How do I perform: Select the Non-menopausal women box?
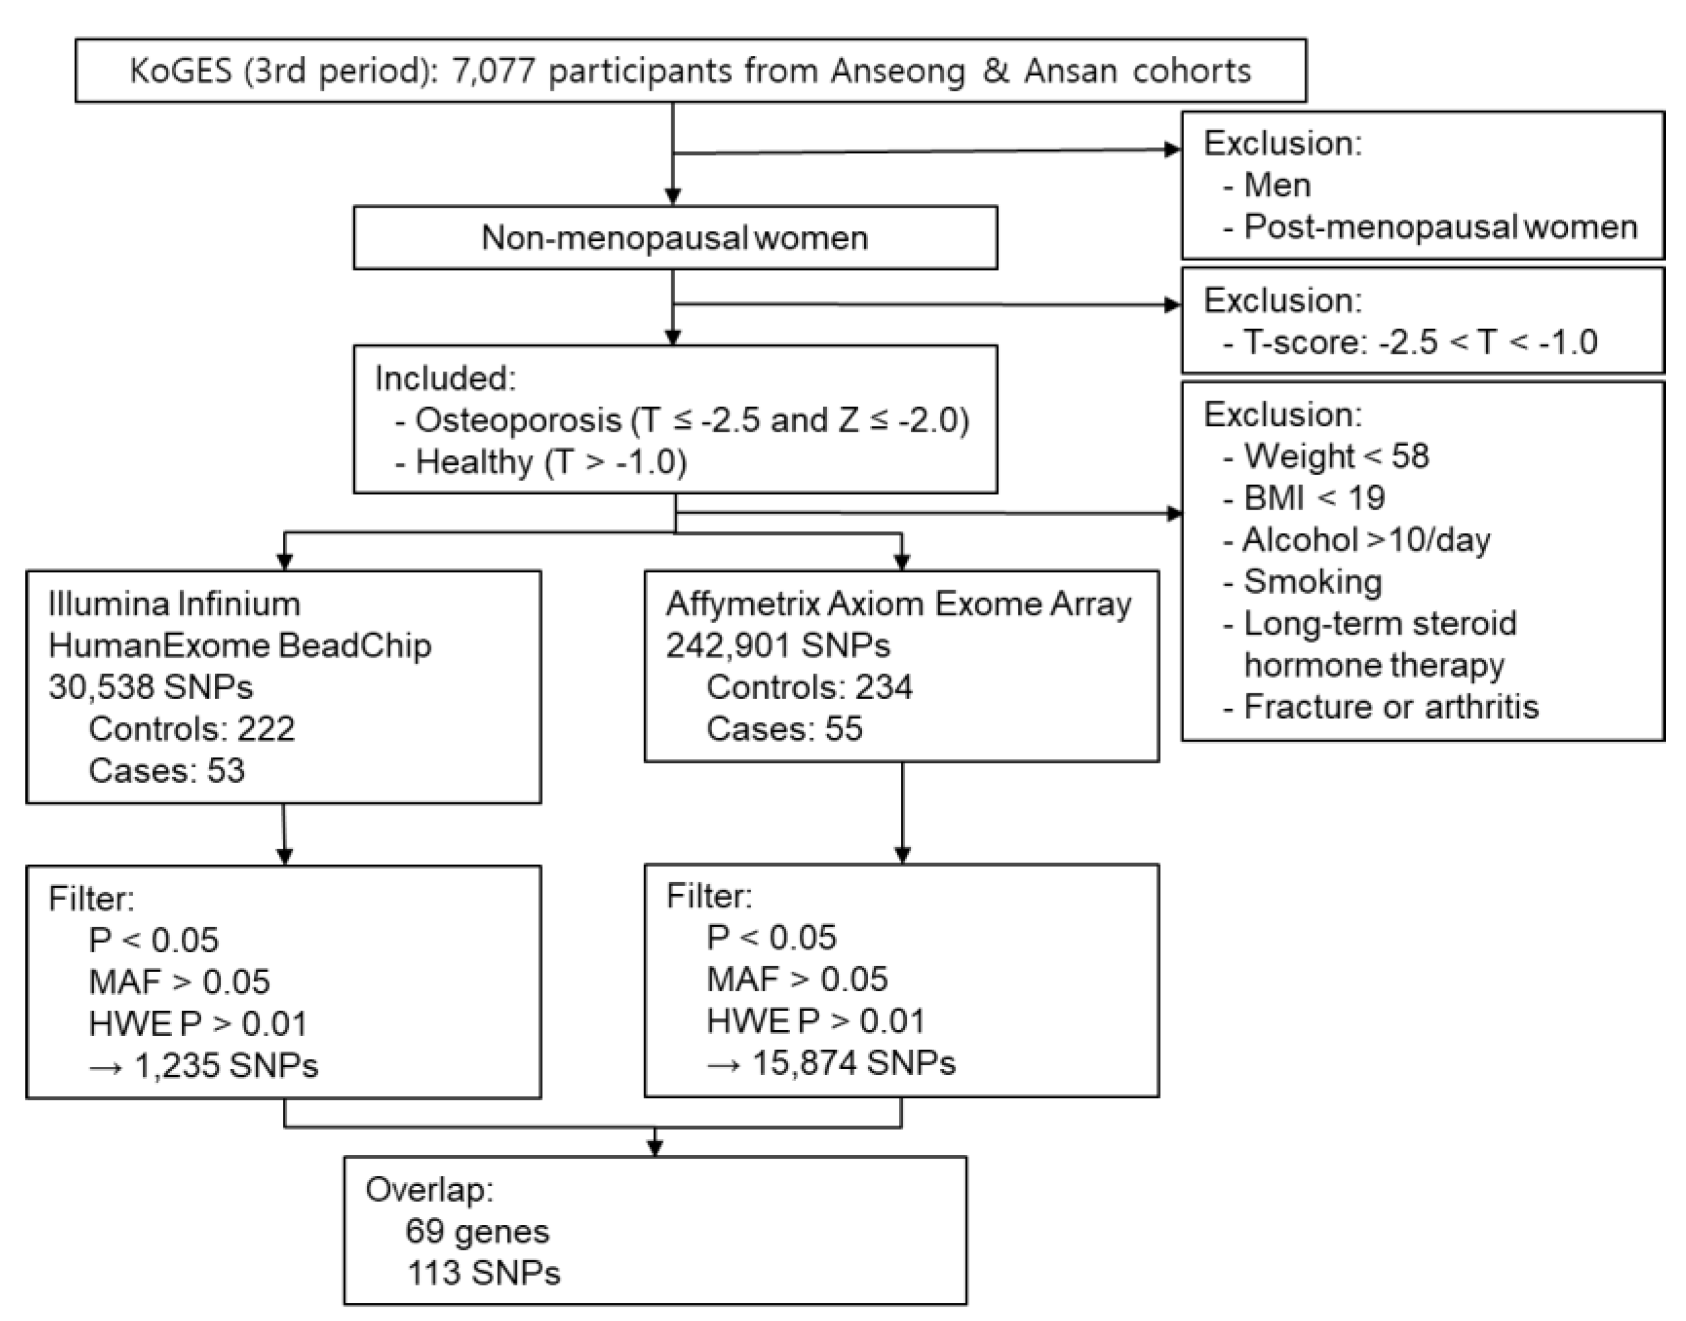tap(675, 238)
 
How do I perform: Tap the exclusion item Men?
tap(1276, 186)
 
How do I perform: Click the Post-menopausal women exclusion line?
tap(1439, 227)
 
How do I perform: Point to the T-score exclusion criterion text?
tap(1419, 342)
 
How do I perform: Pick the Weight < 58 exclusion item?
tap(1335, 456)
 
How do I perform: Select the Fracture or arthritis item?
tap(1390, 707)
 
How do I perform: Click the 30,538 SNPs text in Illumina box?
tap(151, 687)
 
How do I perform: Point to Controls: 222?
tap(191, 728)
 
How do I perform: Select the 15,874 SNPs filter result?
tap(853, 1063)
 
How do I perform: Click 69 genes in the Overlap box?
tap(477, 1231)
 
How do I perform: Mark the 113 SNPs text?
tap(484, 1273)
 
